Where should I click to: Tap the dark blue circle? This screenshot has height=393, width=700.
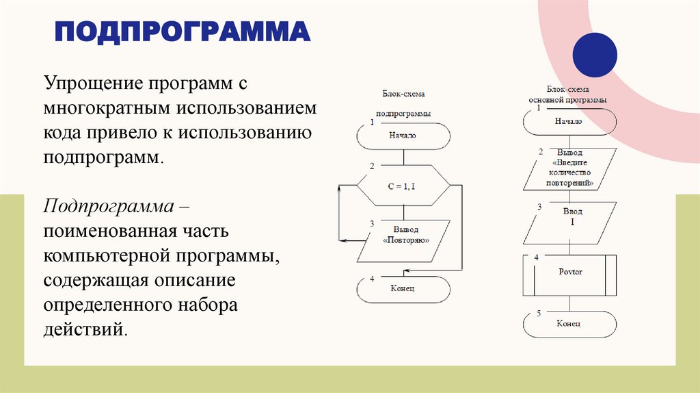[x=594, y=55]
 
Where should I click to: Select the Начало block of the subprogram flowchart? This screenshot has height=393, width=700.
[x=403, y=136]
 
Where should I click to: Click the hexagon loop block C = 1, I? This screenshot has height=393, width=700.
[x=403, y=185]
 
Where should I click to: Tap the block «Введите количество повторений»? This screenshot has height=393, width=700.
[x=569, y=169]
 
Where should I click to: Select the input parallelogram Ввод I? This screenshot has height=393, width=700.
[x=569, y=222]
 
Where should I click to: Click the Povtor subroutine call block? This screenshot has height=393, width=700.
[x=569, y=272]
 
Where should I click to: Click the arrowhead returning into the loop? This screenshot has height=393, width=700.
[x=344, y=240]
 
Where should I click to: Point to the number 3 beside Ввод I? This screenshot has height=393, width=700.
[x=539, y=206]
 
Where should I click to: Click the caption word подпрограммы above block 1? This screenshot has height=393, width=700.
[x=403, y=114]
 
